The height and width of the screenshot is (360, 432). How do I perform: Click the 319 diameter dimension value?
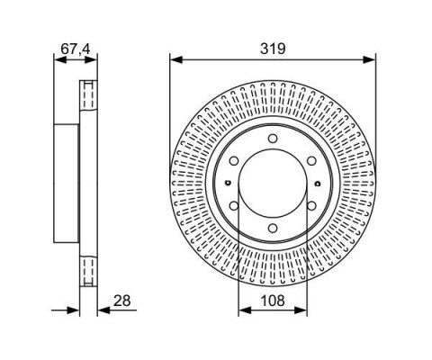(x=273, y=49)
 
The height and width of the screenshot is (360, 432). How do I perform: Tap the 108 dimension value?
(x=273, y=301)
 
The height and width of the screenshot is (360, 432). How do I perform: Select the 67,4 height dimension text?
(x=76, y=49)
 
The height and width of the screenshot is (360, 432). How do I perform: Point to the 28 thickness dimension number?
(x=122, y=301)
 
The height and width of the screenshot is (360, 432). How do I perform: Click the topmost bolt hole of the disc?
(x=273, y=139)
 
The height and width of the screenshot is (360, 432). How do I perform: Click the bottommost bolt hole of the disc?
(x=273, y=229)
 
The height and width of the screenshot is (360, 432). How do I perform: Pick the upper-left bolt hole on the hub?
(x=234, y=161)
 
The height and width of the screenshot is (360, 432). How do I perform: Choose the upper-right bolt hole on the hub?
(x=311, y=161)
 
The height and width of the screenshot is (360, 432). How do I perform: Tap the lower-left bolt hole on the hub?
(x=234, y=206)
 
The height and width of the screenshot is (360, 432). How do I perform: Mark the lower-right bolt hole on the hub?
(x=311, y=206)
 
